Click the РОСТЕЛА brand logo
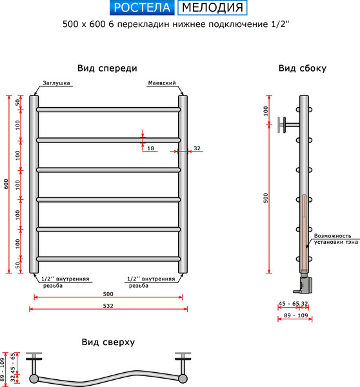141,8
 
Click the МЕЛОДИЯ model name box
212,8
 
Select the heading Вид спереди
107,68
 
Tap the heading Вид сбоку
302,68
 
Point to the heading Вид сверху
108,342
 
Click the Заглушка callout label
57,83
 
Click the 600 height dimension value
6,184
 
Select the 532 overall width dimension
108,306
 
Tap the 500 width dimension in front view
108,293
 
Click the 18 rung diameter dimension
150,148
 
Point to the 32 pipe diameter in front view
197,148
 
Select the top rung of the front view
108,110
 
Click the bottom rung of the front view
108,259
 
